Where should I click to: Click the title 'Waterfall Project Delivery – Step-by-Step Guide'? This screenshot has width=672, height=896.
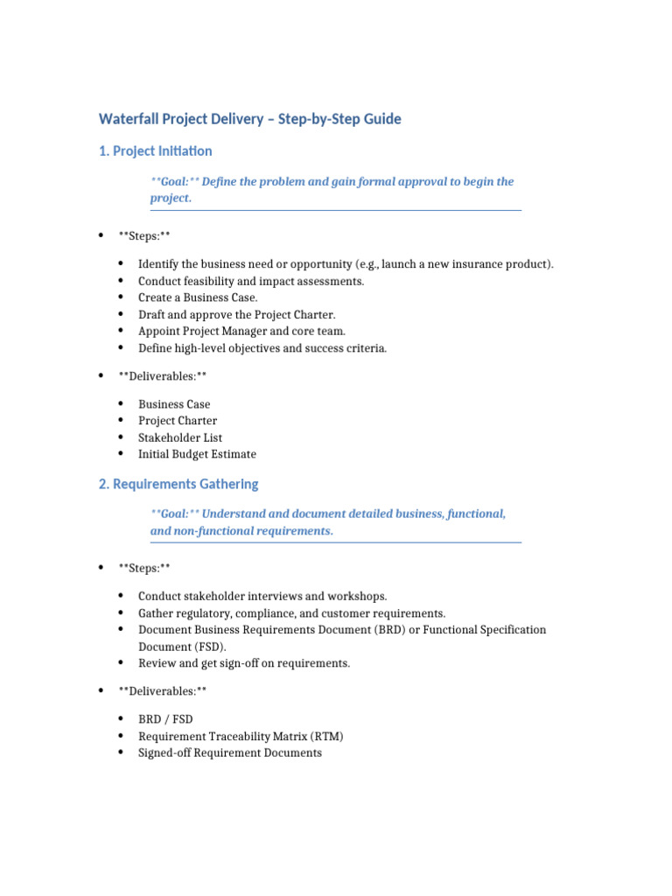pyautogui.click(x=250, y=119)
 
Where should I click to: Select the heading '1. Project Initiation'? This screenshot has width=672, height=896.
pyautogui.click(x=156, y=151)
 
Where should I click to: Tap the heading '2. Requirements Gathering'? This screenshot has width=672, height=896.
pyautogui.click(x=178, y=484)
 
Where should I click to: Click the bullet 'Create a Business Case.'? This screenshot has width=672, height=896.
pyautogui.click(x=198, y=297)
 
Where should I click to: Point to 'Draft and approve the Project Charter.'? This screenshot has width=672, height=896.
pyautogui.click(x=236, y=314)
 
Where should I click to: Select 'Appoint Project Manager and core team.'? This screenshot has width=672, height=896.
pyautogui.click(x=241, y=331)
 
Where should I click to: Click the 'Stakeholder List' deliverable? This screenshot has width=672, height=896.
pyautogui.click(x=180, y=437)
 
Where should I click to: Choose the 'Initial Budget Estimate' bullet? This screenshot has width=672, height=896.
pyautogui.click(x=197, y=454)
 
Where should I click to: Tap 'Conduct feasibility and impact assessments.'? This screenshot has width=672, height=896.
pyautogui.click(x=251, y=281)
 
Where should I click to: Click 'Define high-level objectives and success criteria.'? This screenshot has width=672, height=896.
pyautogui.click(x=262, y=347)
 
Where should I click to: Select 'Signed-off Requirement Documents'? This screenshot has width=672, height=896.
pyautogui.click(x=230, y=752)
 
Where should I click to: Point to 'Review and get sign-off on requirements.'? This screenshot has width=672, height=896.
pyautogui.click(x=244, y=663)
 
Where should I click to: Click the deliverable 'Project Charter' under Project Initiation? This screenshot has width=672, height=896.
pyautogui.click(x=178, y=421)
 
